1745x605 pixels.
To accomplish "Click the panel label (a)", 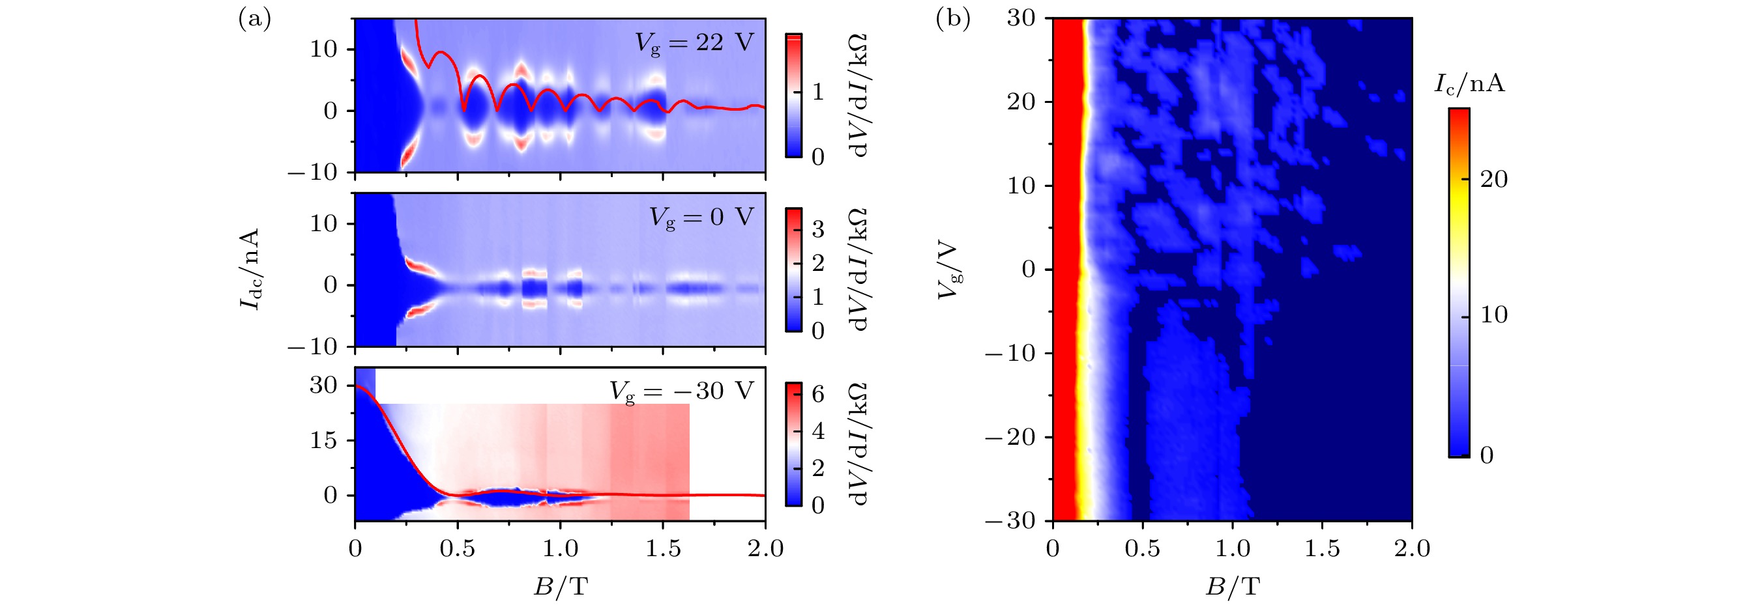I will pos(254,20).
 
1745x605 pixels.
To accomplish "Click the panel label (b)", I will pos(952,19).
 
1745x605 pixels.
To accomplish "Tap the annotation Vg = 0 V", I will pos(701,218).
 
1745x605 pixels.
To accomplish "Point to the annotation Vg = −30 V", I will pos(681,391).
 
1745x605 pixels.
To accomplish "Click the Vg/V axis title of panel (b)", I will pos(950,270).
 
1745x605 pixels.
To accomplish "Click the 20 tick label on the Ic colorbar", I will pos(1493,179).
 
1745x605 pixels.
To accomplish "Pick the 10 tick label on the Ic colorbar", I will pos(1493,315).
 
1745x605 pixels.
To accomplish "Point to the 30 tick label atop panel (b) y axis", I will pos(1021,18).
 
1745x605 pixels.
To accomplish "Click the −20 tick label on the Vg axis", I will pos(1010,437).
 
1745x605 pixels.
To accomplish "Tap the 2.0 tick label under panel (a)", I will pos(765,548).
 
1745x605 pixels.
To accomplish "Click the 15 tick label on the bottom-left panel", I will pos(323,440).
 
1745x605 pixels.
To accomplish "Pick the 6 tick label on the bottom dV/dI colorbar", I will pos(817,395).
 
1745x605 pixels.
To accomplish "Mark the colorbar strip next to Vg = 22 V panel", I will pos(793,94).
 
